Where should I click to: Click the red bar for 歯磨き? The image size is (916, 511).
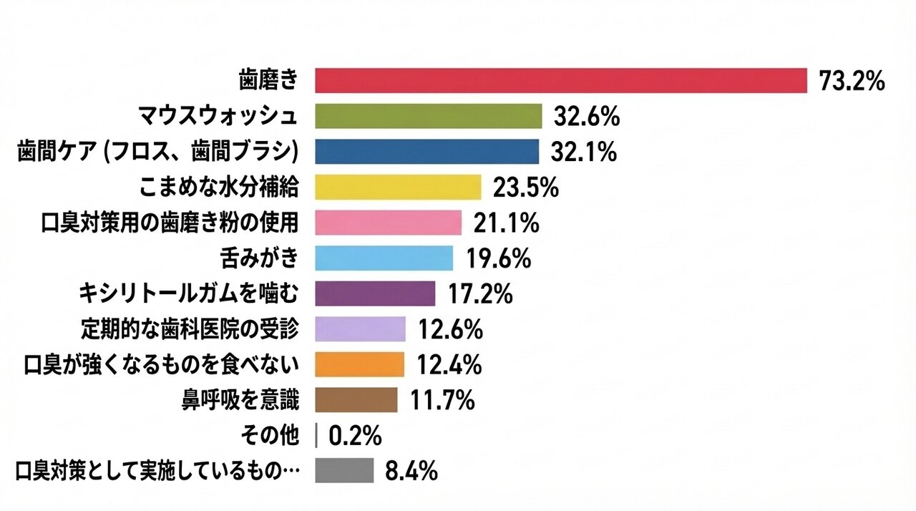pos(561,81)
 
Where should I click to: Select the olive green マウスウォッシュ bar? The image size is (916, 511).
pos(428,116)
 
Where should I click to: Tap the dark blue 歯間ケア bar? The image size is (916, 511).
pos(427,152)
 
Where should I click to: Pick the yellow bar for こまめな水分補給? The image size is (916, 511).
pos(398,188)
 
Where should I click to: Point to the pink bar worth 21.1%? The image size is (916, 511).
pos(388,223)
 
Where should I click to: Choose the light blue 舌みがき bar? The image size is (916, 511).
pos(384,258)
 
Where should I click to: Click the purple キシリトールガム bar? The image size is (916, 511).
pos(375,293)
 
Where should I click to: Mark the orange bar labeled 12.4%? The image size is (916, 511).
pos(359,364)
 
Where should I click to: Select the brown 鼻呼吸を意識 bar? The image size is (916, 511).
pos(356,400)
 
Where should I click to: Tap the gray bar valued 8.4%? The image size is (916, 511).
pos(344,471)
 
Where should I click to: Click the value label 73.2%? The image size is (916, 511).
pos(852,82)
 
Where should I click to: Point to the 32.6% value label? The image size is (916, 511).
pos(586,116)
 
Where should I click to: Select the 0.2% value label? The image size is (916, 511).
pos(355,435)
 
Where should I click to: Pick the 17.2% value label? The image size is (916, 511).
pos(479,293)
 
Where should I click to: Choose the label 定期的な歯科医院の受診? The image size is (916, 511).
pos(189,329)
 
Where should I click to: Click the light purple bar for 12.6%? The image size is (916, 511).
pos(360,329)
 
